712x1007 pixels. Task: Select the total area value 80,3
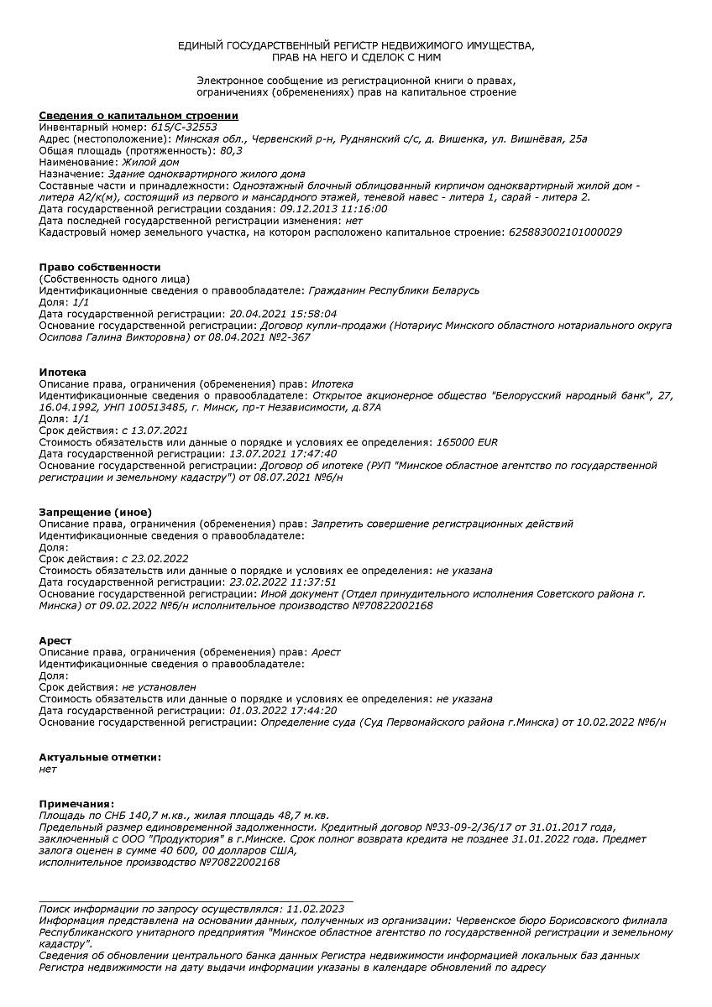[230, 150]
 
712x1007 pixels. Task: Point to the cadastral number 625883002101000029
[565, 232]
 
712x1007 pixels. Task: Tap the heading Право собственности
[99, 267]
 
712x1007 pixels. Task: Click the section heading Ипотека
[62, 372]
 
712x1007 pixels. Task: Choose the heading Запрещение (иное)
[95, 512]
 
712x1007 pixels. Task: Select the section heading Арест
[55, 640]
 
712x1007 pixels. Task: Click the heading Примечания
[76, 803]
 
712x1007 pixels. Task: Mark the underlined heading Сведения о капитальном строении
[139, 115]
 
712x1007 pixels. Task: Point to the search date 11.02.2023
[315, 908]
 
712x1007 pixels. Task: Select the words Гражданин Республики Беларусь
[394, 290]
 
